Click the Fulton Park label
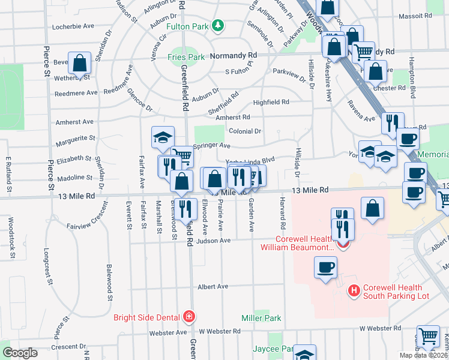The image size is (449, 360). [x=190, y=26]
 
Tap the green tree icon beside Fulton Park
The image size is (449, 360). [x=220, y=25]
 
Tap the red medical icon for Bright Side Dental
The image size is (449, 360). [x=189, y=316]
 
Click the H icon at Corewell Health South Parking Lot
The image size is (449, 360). [x=354, y=290]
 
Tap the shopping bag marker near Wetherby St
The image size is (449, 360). [x=79, y=62]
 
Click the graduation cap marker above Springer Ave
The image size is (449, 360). [x=163, y=137]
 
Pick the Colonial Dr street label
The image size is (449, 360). [x=246, y=131]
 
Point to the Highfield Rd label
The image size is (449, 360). [x=271, y=103]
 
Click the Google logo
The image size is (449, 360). [x=20, y=353]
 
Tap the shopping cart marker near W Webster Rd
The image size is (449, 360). [x=428, y=337]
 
